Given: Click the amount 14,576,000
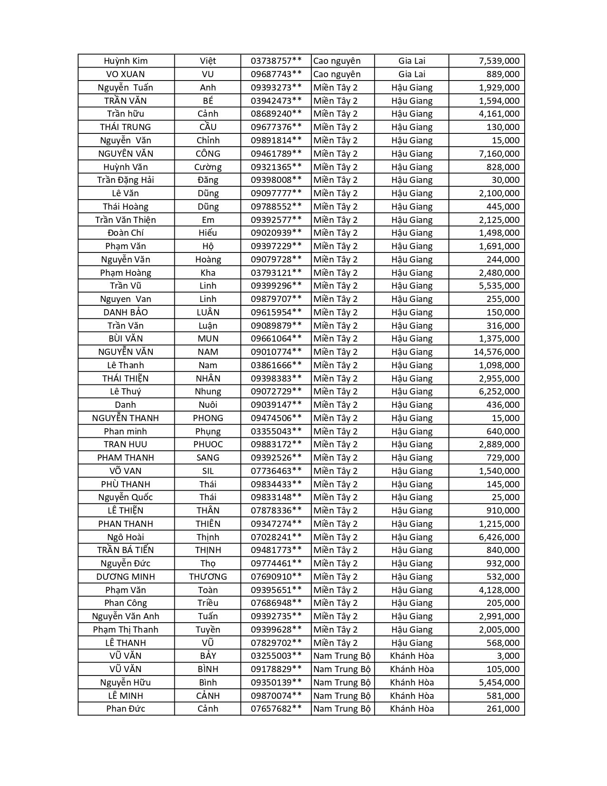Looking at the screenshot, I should coord(496,352).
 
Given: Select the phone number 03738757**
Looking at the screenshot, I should coord(276,61).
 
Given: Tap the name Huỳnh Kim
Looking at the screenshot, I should coord(126,61).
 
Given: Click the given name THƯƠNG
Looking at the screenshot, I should coord(208,577).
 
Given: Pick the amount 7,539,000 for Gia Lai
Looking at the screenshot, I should coord(499,61).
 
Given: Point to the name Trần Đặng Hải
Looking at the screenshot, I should coord(126,180).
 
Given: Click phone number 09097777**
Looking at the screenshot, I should coord(276,193).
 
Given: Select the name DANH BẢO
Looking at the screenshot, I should coord(126,312).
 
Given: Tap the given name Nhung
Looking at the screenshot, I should coord(208,392).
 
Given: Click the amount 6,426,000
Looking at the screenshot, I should coord(499,537).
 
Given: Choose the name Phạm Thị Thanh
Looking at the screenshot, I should coord(126,630).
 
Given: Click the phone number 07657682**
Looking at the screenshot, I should coord(276,709).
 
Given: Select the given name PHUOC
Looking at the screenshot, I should coord(208,444).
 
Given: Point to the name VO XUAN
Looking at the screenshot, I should coord(126,74).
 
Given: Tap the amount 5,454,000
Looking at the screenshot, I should coord(499,683).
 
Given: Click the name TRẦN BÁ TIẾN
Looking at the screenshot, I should coord(126,550).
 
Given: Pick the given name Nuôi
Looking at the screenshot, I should coord(208,405).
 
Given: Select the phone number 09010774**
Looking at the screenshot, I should coord(276,352).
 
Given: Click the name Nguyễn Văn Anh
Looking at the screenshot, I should coord(126,616).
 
